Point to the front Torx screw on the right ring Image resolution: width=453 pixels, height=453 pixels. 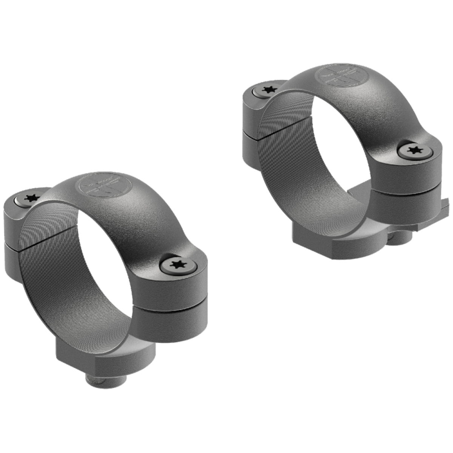[x=414, y=151]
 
